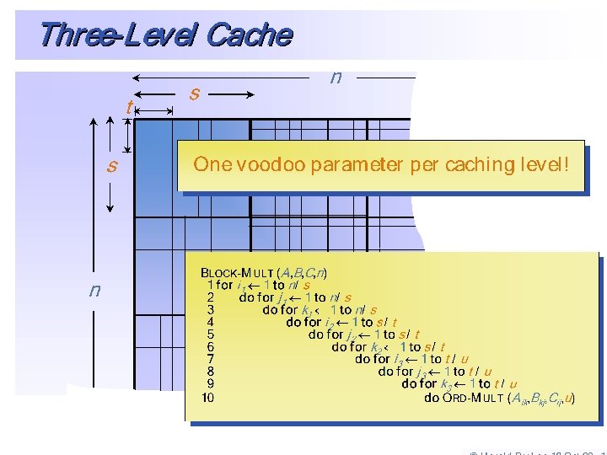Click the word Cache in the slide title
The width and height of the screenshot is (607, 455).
point(249,35)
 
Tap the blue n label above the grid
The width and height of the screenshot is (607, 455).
point(336,78)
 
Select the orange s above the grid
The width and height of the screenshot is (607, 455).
point(195,93)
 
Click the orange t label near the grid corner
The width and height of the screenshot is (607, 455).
point(128,108)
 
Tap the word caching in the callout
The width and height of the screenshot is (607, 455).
point(477,164)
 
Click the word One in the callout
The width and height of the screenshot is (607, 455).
point(212,164)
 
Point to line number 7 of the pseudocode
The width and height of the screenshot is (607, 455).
point(210,359)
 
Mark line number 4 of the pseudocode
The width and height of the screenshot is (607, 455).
point(210,322)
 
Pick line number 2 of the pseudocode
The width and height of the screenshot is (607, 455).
point(210,297)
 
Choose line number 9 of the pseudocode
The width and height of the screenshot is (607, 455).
point(210,384)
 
